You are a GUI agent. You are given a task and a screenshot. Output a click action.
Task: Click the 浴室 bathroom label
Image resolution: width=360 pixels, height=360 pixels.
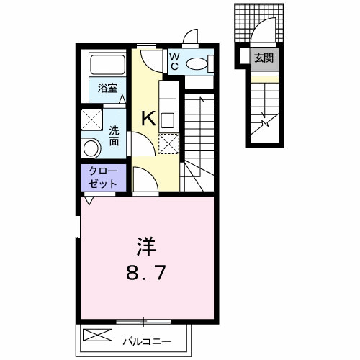(109, 89)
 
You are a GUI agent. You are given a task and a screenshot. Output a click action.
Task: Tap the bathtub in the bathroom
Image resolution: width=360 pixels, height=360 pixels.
(102, 66)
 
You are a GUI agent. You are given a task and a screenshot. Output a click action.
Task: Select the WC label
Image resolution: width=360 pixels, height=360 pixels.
(175, 60)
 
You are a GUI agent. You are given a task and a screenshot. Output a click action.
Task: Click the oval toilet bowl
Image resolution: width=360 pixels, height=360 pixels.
(195, 63)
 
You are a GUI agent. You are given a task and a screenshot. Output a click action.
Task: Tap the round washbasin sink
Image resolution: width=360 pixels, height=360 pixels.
(91, 148)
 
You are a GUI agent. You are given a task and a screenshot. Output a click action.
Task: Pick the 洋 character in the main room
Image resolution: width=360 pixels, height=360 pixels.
(144, 247)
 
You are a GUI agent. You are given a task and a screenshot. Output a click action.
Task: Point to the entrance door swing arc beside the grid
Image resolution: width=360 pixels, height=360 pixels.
(263, 32)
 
